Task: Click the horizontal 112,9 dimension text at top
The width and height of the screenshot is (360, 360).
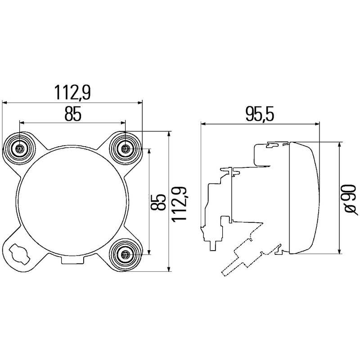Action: (72, 92)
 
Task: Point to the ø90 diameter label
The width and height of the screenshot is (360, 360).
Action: (351, 198)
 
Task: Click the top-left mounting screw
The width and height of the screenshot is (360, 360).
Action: (19, 148)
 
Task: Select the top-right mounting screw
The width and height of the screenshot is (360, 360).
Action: (126, 148)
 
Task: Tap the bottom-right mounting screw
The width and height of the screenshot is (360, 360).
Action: (126, 255)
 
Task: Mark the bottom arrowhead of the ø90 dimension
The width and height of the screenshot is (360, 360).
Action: (338, 252)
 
